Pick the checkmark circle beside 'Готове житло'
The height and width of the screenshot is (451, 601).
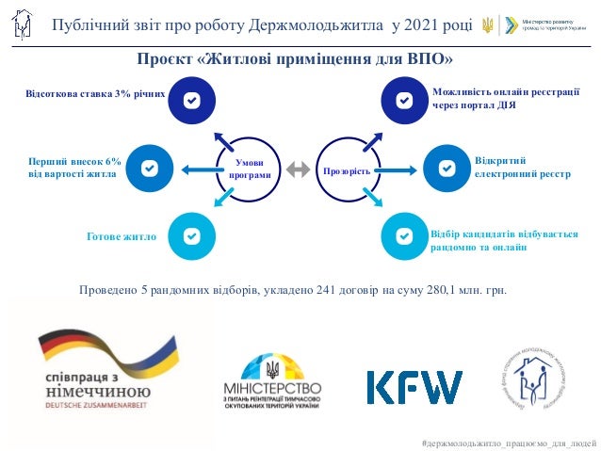pyautogui.click(x=192, y=236)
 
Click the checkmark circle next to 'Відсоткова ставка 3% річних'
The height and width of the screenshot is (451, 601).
pyautogui.click(x=192, y=99)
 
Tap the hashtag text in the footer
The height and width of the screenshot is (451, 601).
pyautogui.click(x=510, y=442)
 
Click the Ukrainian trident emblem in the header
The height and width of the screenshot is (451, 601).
pyautogui.click(x=487, y=24)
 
